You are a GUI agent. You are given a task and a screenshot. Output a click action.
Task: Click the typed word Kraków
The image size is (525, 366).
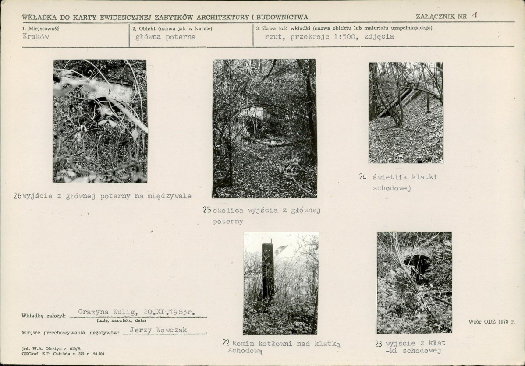click(36, 36)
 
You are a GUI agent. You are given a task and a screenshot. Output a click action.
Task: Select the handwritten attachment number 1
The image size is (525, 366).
click(474, 15)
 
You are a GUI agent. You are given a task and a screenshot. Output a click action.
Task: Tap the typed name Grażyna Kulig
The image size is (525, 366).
click(107, 312)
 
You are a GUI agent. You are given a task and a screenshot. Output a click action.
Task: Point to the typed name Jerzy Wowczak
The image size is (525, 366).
click(158, 330)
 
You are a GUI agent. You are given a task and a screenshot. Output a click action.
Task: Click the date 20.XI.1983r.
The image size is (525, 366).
click(169, 312)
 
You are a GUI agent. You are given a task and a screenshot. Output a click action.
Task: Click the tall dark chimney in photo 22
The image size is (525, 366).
click(268, 271)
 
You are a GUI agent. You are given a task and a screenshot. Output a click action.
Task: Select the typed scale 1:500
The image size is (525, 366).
click(344, 37)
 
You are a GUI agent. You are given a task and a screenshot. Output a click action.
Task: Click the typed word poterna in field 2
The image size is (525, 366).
click(181, 37)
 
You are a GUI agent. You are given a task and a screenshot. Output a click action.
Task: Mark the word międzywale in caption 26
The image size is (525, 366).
click(170, 196)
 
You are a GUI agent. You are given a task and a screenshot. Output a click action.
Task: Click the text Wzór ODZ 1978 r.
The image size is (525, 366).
click(492, 322)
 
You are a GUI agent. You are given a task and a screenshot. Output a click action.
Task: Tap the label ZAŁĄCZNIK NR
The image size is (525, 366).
click(441, 16)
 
